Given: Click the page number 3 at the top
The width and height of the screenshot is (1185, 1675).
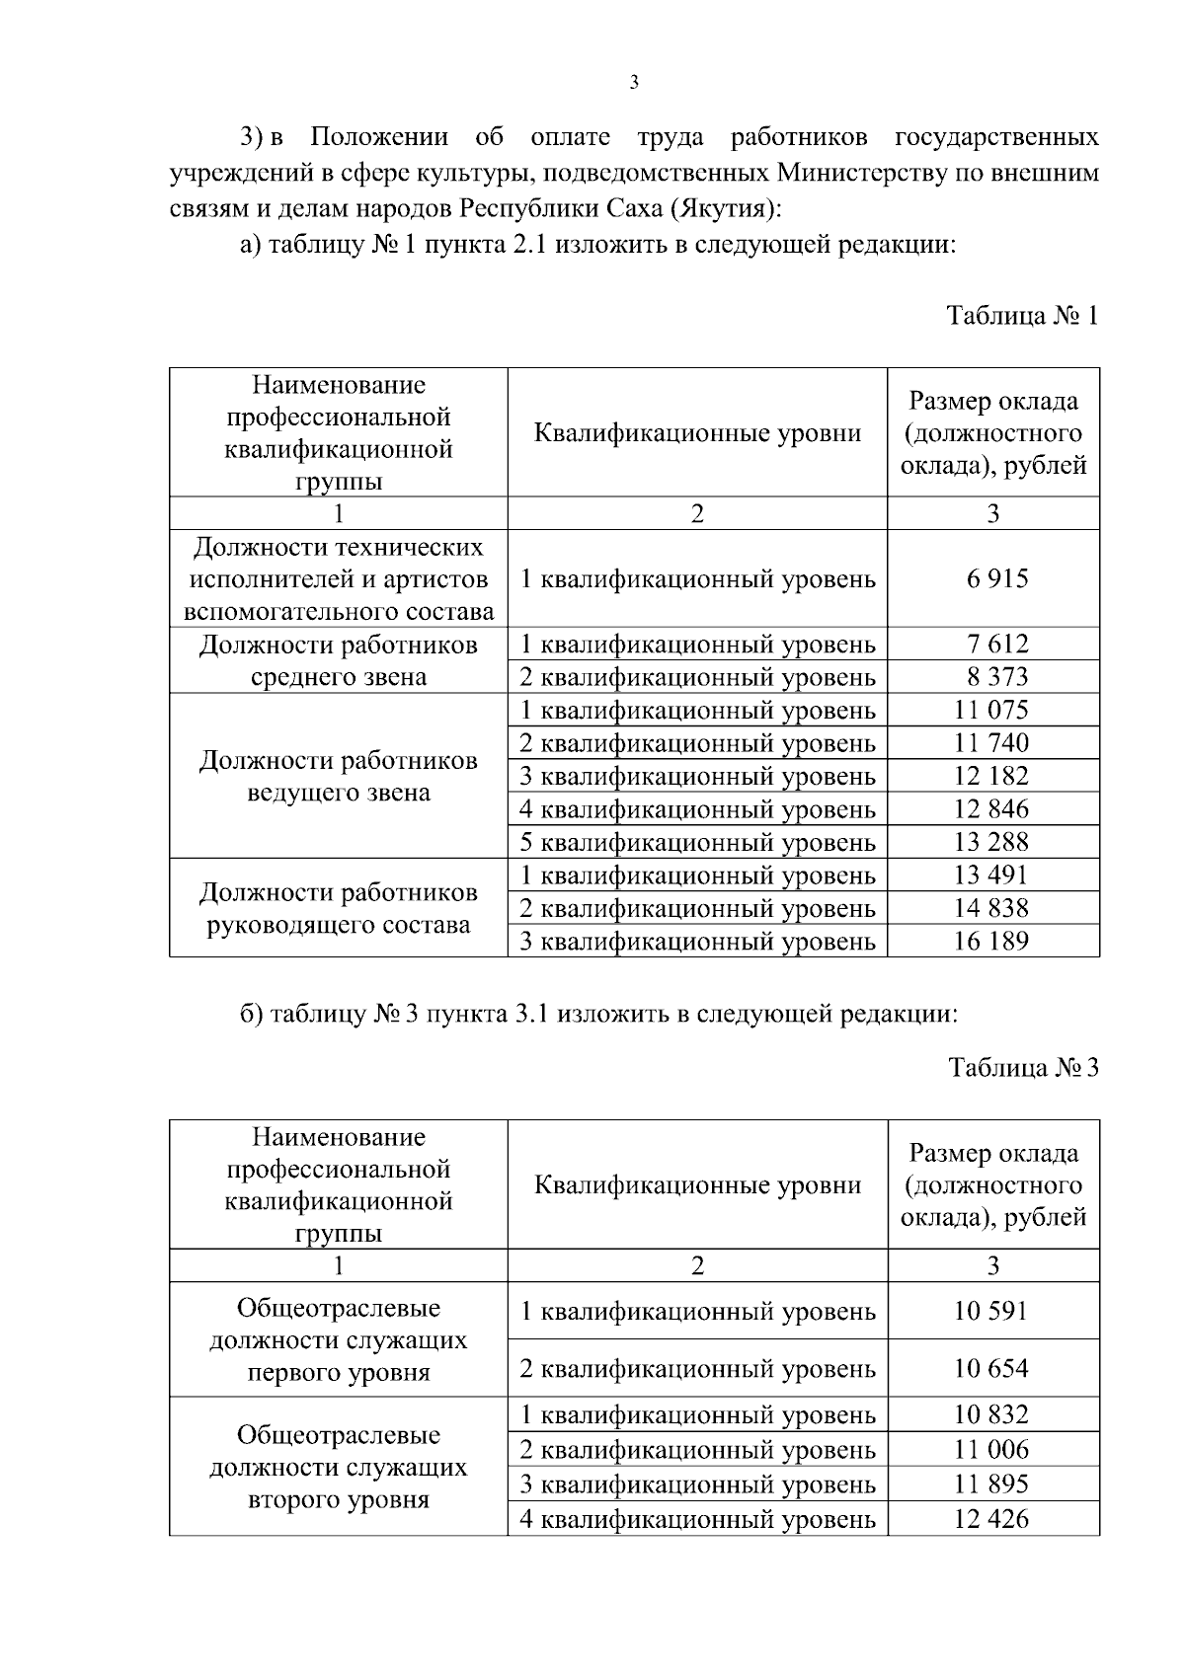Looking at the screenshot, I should coord(633,83).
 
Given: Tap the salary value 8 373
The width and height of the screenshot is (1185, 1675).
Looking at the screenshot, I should coord(992,677).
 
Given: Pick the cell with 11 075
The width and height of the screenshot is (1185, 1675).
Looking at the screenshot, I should coord(992,711).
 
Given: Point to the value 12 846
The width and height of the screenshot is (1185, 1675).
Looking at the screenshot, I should coord(992,809).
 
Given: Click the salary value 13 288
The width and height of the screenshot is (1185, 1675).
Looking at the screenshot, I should coord(992,842).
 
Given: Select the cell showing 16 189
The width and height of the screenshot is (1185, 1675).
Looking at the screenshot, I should coord(992,942).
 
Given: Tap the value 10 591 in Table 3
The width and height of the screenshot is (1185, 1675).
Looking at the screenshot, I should coord(992,1312).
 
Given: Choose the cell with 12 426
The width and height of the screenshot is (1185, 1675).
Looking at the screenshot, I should coord(992,1519).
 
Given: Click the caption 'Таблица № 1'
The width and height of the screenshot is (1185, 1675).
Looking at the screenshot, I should coord(1022,316).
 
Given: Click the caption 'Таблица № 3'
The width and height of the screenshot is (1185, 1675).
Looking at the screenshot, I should coord(1023,1068).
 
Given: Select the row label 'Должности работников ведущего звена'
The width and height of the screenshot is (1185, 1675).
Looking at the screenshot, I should coord(339,777).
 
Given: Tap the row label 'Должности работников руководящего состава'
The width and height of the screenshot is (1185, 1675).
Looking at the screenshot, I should coord(339,909).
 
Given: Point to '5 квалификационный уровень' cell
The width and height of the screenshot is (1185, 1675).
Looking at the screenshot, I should coord(697,843).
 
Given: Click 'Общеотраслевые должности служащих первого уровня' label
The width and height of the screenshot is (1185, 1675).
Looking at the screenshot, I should coord(339,1340).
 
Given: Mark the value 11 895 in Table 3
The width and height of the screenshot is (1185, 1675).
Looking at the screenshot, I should coord(992,1485).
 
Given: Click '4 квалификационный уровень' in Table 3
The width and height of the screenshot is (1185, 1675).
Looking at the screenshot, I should coord(697,1520).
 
